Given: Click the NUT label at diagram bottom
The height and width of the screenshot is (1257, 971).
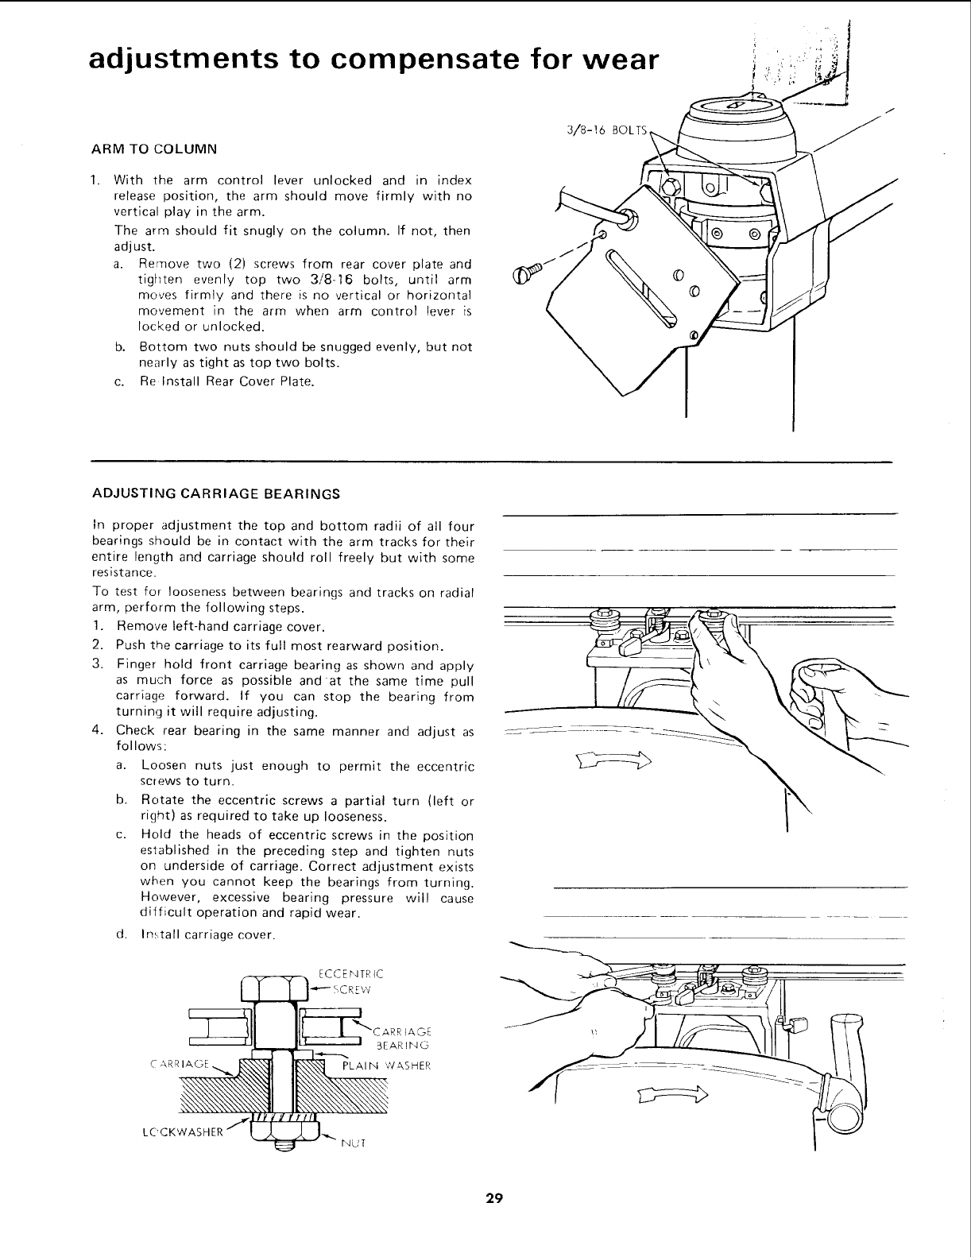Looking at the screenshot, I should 353,1144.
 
